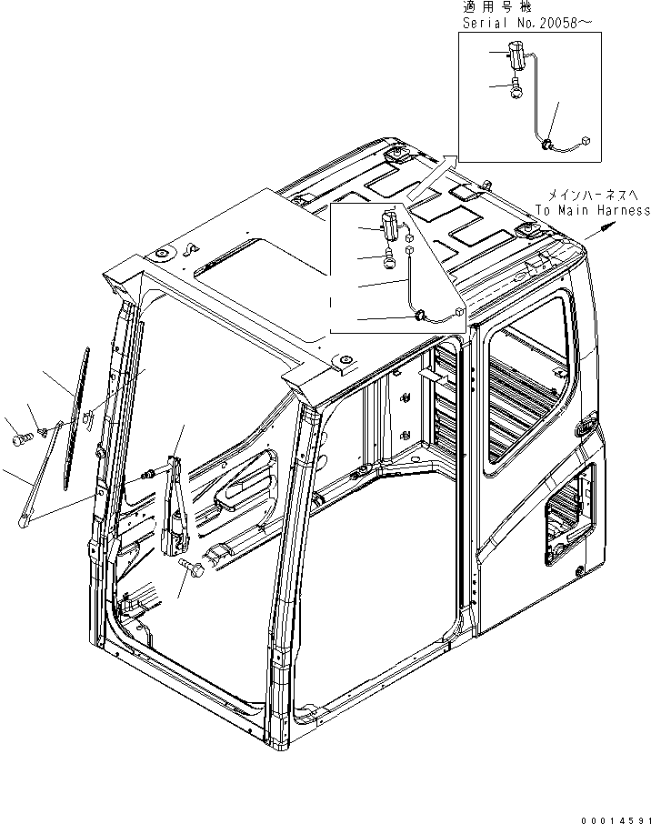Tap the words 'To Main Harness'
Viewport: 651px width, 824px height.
592,211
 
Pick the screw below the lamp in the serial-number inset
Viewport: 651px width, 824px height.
516,88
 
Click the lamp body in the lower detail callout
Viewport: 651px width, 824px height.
391,224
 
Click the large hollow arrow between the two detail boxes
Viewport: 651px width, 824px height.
432,177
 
